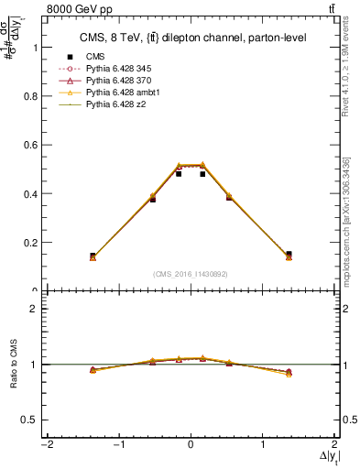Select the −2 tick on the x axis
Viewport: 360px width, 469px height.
(45, 446)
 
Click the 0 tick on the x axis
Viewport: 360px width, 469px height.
(191, 446)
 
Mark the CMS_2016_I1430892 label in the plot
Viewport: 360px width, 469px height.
(190, 274)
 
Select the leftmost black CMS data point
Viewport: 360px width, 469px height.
(93, 256)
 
